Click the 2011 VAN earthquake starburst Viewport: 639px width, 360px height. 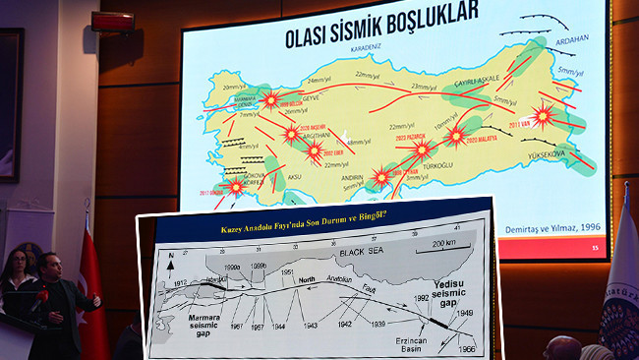point(542,114)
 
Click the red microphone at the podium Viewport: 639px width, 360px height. point(44,296)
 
